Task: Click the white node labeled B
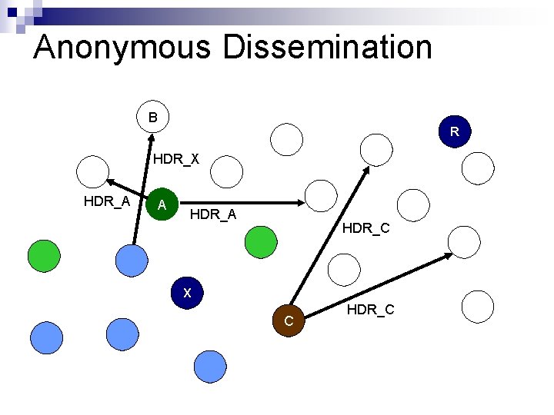pos(154,118)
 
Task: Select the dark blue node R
pos(455,131)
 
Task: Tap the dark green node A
pos(162,204)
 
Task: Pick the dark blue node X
pos(187,293)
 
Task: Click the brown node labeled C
pos(289,320)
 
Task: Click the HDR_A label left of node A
pos(106,201)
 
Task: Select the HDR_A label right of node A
pos(213,214)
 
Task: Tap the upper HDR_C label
pos(365,227)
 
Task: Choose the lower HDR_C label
pos(370,310)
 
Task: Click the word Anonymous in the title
pos(122,47)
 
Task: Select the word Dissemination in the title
pos(328,47)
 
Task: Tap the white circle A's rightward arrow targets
pos(321,197)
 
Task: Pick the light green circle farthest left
pos(44,255)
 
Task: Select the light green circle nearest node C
pos(260,241)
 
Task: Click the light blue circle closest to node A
pos(131,260)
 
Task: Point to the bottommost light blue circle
pos(209,367)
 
